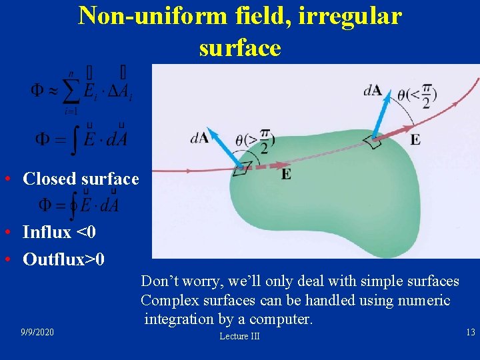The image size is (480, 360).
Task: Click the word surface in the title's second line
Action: coord(239,47)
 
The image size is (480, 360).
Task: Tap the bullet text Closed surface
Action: coord(81,179)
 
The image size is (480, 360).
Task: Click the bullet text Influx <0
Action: coord(59,232)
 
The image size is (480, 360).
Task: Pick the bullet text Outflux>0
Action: coord(63,259)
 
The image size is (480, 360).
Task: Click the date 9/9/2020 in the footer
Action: coord(37,332)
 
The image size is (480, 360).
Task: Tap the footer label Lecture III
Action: coord(239,337)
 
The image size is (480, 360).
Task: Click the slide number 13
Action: coord(470,332)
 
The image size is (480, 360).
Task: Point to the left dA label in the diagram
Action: coord(199,138)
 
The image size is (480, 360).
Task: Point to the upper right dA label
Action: coord(373,89)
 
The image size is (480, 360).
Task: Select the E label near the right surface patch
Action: coord(415,139)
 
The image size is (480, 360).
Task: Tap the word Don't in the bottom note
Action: coord(159,281)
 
